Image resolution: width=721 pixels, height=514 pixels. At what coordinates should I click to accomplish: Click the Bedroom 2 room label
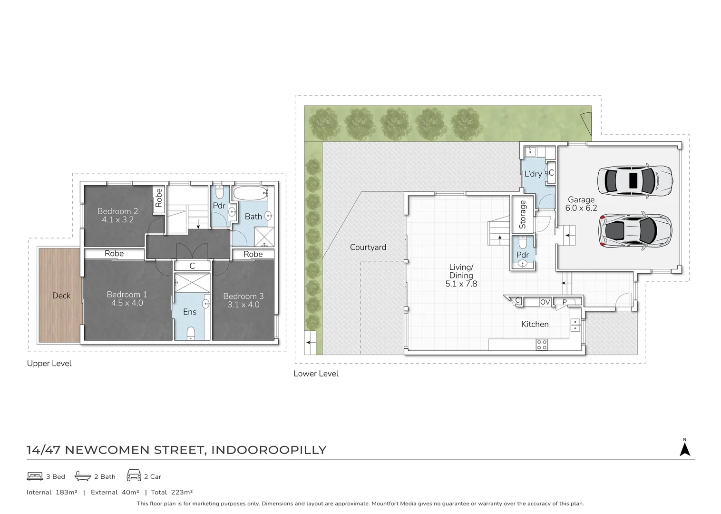pyautogui.click(x=118, y=216)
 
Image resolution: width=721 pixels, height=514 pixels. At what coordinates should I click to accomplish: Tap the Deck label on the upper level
pyautogui.click(x=61, y=296)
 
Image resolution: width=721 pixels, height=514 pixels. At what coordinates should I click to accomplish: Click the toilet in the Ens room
pyautogui.click(x=191, y=334)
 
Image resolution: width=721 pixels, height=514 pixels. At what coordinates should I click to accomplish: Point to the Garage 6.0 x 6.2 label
pyautogui.click(x=581, y=204)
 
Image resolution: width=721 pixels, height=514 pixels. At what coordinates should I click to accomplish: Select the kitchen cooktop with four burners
pyautogui.click(x=542, y=345)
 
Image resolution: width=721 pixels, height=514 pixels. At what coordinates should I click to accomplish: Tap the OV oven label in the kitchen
pyautogui.click(x=545, y=302)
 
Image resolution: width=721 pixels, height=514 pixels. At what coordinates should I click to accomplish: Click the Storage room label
pyautogui.click(x=522, y=215)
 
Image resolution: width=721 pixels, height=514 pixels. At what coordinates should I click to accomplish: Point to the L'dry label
pyautogui.click(x=533, y=174)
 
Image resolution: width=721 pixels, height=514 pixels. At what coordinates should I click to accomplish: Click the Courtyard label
pyautogui.click(x=368, y=247)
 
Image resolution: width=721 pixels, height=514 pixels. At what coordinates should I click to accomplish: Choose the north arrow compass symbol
pyautogui.click(x=685, y=449)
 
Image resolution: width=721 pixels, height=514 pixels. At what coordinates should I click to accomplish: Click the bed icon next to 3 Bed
pyautogui.click(x=35, y=476)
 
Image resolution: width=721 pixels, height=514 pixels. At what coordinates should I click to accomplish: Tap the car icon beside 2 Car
pyautogui.click(x=134, y=475)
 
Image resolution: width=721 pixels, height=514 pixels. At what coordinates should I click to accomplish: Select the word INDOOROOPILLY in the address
pyautogui.click(x=269, y=450)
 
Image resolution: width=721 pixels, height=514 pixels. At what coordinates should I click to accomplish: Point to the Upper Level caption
pyautogui.click(x=49, y=363)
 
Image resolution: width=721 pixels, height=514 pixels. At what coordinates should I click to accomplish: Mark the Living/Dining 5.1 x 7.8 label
pyautogui.click(x=461, y=276)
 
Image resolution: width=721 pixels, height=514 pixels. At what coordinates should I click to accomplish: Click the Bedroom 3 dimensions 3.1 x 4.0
pyautogui.click(x=244, y=305)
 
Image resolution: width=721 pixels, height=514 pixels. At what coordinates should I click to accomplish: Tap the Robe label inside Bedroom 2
pyautogui.click(x=159, y=198)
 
